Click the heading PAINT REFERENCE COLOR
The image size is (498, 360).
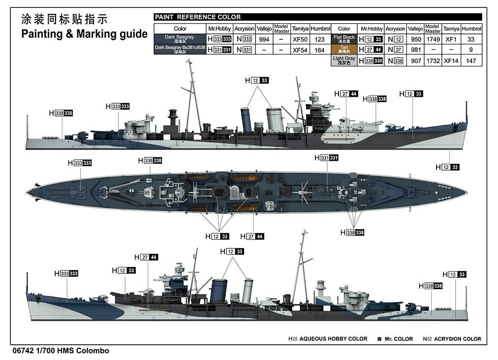[197, 17]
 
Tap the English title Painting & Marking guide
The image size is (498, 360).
[85, 34]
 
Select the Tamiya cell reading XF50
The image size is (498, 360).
[300, 39]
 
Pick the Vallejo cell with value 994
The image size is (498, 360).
[264, 39]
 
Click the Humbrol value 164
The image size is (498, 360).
[319, 50]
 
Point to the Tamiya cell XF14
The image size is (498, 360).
[451, 60]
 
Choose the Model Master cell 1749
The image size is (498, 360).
[433, 39]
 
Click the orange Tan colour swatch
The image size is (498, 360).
[344, 49]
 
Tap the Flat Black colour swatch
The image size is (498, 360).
[344, 39]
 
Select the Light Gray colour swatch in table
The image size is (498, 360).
[344, 60]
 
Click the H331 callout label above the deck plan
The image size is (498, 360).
[326, 158]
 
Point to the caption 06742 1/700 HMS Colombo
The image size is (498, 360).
[61, 351]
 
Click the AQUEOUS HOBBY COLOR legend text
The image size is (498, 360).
[333, 339]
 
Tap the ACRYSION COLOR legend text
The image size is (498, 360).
[457, 339]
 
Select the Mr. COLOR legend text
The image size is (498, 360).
[399, 339]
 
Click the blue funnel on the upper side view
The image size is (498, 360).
[247, 120]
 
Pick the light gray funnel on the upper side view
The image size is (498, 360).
[275, 120]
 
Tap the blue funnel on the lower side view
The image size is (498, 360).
[219, 291]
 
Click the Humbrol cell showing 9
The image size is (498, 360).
[471, 50]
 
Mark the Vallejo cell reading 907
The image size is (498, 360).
[416, 60]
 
